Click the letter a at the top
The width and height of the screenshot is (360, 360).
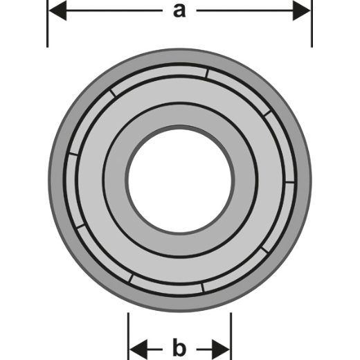(179, 11)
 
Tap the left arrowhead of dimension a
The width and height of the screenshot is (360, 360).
(57, 10)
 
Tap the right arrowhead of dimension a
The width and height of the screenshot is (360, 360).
(302, 10)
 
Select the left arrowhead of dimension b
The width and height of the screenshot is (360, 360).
(138, 350)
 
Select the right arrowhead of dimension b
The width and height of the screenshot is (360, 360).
(221, 350)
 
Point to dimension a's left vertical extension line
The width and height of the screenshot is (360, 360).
(48, 24)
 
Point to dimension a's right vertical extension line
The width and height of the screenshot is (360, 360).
(312, 24)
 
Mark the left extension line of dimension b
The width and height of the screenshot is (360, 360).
(128, 336)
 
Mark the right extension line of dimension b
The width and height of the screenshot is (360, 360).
(231, 336)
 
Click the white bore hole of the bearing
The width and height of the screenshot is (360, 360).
(180, 180)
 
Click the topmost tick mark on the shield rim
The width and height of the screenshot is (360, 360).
(207, 73)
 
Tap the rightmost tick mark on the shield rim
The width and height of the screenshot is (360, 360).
(290, 182)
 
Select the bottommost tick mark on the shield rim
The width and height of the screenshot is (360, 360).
(203, 287)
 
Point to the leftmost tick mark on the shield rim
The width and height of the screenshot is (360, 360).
(73, 154)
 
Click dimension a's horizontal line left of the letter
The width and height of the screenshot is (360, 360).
(114, 10)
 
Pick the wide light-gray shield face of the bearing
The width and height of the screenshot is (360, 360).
(180, 90)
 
